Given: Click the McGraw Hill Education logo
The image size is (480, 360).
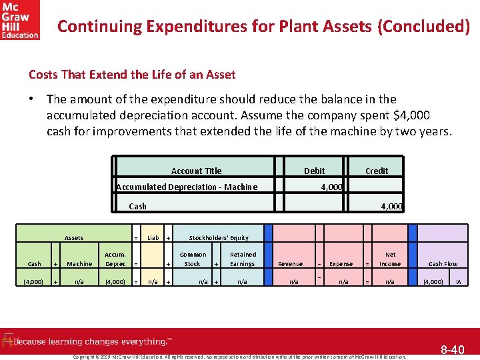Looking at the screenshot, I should click(x=20, y=20).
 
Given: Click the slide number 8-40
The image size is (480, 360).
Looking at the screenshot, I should click(x=453, y=349).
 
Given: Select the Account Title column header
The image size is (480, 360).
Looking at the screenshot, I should click(x=196, y=171).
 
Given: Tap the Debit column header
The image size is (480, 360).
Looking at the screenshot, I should click(x=315, y=171).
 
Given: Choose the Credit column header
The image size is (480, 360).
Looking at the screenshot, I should click(x=377, y=171).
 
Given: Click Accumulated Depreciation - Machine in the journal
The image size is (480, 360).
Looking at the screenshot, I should click(x=187, y=187).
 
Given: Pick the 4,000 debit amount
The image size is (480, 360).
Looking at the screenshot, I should click(x=331, y=187).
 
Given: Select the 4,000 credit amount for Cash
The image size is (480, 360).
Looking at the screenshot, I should click(x=391, y=207).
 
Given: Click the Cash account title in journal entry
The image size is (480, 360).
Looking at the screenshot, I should click(x=137, y=207).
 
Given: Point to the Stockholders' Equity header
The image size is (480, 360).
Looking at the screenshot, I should click(x=219, y=237).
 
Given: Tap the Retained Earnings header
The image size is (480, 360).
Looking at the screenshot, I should click(x=243, y=259).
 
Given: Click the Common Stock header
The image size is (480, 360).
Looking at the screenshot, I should click(x=193, y=259).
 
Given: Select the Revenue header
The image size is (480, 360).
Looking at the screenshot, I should click(x=290, y=264).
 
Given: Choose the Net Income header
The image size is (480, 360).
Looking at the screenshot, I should click(x=390, y=259).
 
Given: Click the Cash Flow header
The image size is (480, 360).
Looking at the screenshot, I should click(x=443, y=264).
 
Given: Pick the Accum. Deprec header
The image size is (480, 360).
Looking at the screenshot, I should click(x=115, y=259).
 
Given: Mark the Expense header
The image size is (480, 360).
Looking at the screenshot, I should click(x=341, y=264).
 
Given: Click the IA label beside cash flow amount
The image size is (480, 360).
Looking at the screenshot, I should click(x=458, y=282).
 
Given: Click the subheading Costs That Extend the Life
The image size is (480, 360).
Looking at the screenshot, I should click(x=132, y=75).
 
